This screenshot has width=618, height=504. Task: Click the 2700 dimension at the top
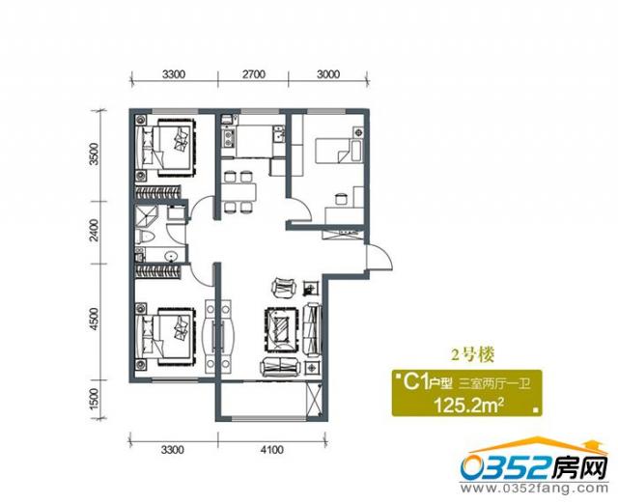click(x=254, y=74)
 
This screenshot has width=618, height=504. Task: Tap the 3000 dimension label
click(x=328, y=74)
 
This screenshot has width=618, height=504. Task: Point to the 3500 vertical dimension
click(x=94, y=154)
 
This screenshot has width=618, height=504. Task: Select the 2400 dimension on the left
click(x=94, y=231)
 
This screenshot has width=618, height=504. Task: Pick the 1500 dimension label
click(x=94, y=399)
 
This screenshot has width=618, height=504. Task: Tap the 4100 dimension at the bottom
click(x=271, y=449)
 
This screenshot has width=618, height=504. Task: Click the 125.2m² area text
click(x=468, y=405)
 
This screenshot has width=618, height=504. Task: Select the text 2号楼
click(x=472, y=356)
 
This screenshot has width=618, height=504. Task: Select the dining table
click(x=239, y=192)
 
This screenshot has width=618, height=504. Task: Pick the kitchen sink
click(x=228, y=137)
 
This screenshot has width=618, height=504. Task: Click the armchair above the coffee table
click(x=284, y=288)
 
